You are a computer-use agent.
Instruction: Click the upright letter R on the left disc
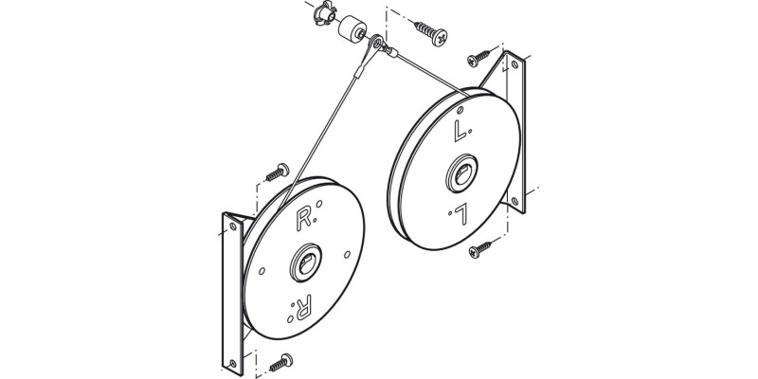click(304, 220)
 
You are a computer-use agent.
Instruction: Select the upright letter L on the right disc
click(460, 134)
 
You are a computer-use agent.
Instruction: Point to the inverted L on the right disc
click(461, 214)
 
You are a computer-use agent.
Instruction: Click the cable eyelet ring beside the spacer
click(378, 43)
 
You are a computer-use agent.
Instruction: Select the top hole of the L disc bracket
click(514, 67)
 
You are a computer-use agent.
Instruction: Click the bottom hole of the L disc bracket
click(514, 200)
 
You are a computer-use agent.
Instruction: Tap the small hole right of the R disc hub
click(351, 253)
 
